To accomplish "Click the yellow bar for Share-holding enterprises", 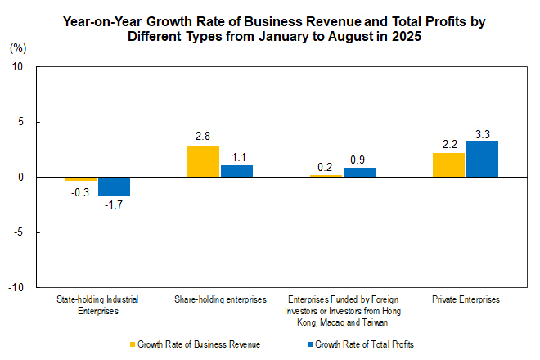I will pyautogui.click(x=203, y=161).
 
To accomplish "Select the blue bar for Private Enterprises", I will pyautogui.click(x=482, y=159).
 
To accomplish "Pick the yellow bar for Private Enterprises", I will pyautogui.click(x=448, y=164).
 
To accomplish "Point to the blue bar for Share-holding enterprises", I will pyautogui.click(x=236, y=171).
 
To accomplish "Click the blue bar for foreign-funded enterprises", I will pyautogui.click(x=359, y=173).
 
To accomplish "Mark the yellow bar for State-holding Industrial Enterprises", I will pyautogui.click(x=81, y=179).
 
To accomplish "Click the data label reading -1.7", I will pyautogui.click(x=114, y=206).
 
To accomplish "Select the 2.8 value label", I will pyautogui.click(x=203, y=136).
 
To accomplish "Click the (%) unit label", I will pyautogui.click(x=18, y=48).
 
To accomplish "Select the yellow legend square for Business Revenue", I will pyautogui.click(x=132, y=344).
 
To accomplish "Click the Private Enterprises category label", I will pyautogui.click(x=465, y=300).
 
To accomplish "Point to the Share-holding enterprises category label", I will pyautogui.click(x=220, y=300).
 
